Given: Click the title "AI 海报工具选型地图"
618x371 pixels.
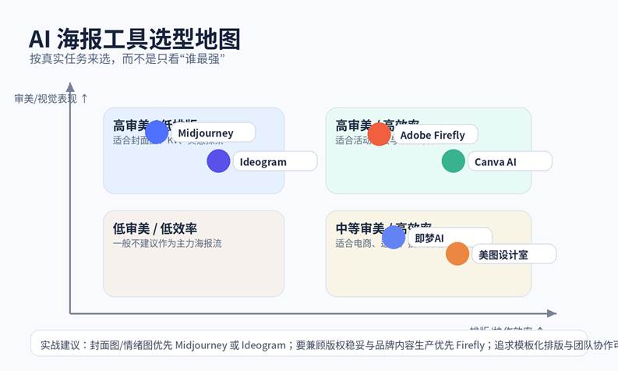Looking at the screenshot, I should pyautogui.click(x=134, y=40).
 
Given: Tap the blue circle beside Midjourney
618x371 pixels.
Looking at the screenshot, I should pyautogui.click(x=157, y=132).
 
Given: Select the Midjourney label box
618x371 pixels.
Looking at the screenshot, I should pyautogui.click(x=210, y=133).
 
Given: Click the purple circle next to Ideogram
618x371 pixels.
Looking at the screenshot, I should pyautogui.click(x=218, y=161).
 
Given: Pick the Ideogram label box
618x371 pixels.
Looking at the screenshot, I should pyautogui.click(x=273, y=162).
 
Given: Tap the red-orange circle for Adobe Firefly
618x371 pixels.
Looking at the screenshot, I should pyautogui.click(x=379, y=134).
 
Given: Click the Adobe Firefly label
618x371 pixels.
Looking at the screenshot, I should pyautogui.click(x=433, y=135).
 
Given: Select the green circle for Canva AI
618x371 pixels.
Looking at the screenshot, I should pyautogui.click(x=453, y=161).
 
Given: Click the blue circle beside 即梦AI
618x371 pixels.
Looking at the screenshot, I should pyautogui.click(x=394, y=237).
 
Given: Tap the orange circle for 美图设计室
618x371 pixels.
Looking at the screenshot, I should pyautogui.click(x=457, y=254).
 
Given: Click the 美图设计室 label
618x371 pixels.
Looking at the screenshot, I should pyautogui.click(x=511, y=255).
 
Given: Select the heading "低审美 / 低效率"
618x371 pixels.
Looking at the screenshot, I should pyautogui.click(x=155, y=228).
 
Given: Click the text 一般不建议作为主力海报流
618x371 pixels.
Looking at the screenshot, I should pyautogui.click(x=168, y=243).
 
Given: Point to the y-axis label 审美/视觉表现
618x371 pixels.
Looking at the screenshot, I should pyautogui.click(x=45, y=98).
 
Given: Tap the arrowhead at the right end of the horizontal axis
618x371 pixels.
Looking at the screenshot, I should pyautogui.click(x=553, y=313).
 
